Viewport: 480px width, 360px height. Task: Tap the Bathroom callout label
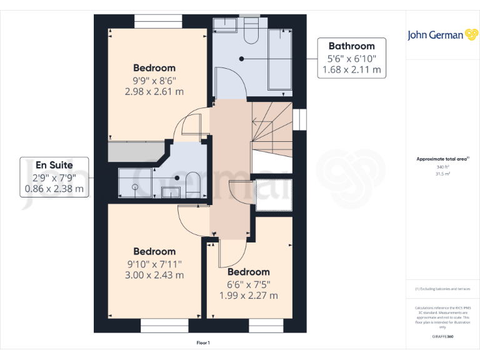(351, 46)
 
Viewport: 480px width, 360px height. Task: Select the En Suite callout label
(54, 165)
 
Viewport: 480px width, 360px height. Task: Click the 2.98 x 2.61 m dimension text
(154, 92)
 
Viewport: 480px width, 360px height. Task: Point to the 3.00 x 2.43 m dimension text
(154, 275)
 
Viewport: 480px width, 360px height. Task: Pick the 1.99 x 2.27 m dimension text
(249, 296)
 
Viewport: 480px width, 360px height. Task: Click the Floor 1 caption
(203, 342)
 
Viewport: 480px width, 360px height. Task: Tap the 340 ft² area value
(442, 167)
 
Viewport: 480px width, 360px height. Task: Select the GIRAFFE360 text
(442, 336)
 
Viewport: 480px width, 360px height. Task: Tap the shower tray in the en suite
(134, 183)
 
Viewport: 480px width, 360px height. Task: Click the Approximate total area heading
(442, 159)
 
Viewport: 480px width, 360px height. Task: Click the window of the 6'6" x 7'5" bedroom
(262, 326)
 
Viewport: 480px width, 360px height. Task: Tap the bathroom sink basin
(224, 25)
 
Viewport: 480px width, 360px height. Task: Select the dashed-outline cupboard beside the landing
(274, 195)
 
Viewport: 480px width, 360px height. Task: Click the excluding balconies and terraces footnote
(442, 289)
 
